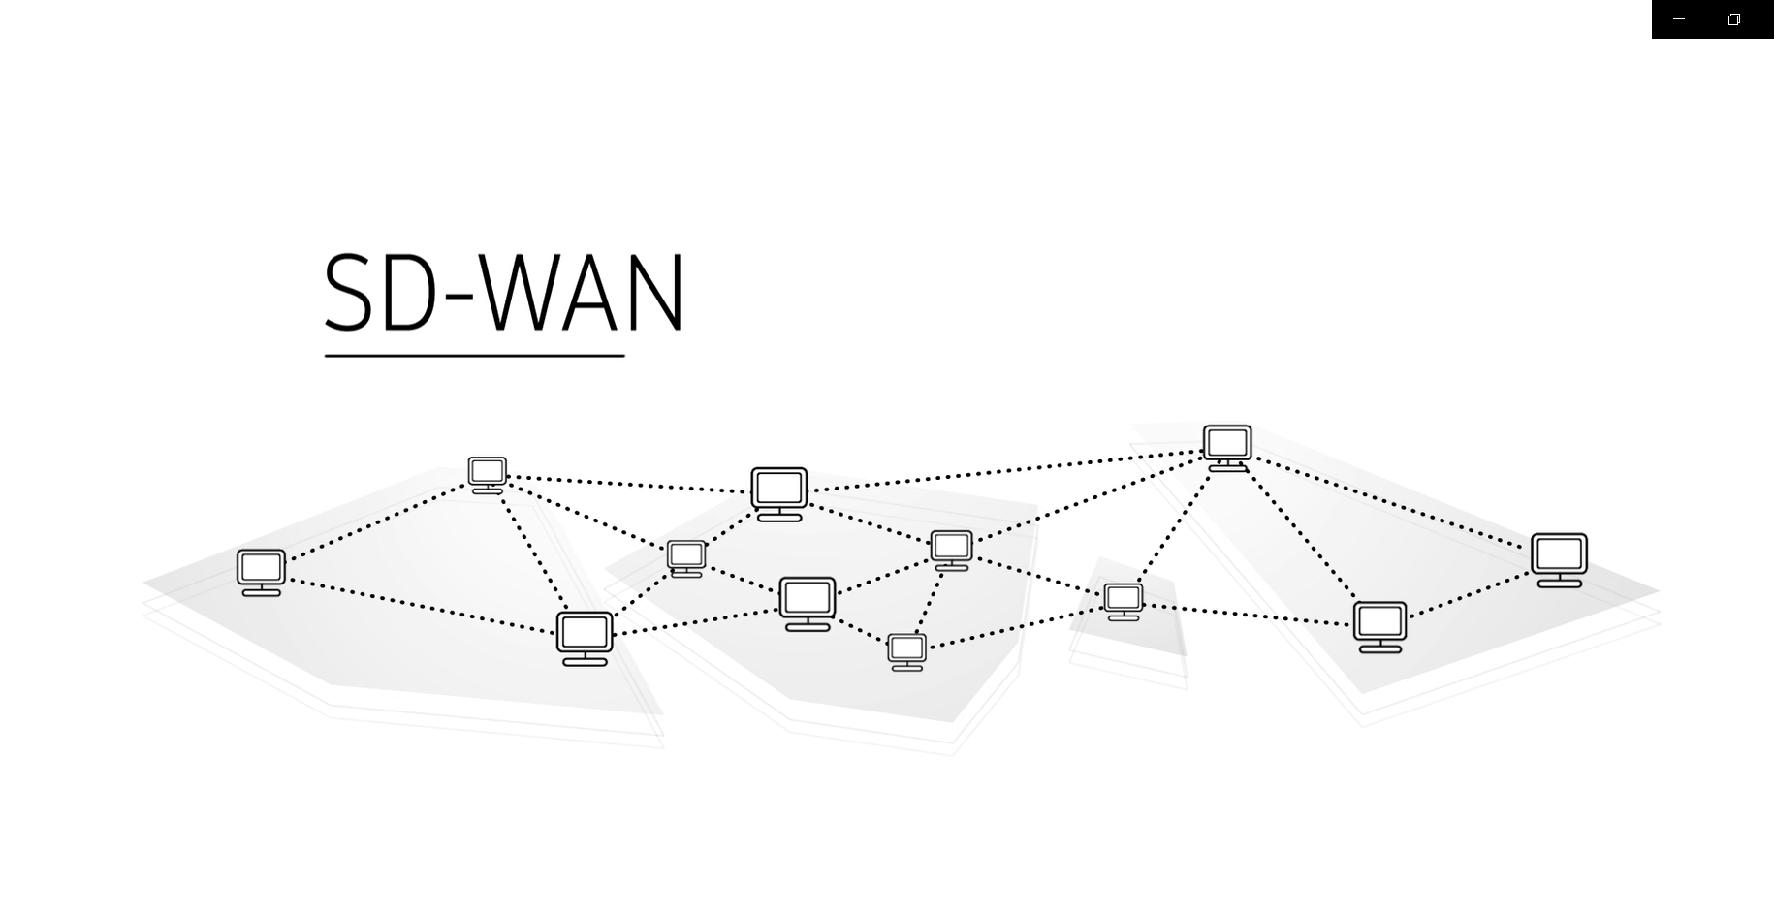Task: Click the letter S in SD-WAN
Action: point(348,293)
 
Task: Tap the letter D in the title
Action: point(410,293)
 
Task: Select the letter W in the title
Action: point(523,293)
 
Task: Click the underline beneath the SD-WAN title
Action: point(474,356)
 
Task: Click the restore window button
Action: point(1734,19)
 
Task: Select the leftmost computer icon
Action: point(261,572)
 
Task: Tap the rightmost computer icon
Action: point(1559,559)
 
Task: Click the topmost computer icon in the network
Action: point(1227,447)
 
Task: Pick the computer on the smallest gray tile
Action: point(1124,601)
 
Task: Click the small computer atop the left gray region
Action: point(487,474)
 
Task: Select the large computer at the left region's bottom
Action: point(585,638)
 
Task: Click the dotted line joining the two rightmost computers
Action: point(1469,593)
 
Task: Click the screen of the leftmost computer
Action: point(261,566)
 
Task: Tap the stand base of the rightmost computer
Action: point(1559,584)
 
